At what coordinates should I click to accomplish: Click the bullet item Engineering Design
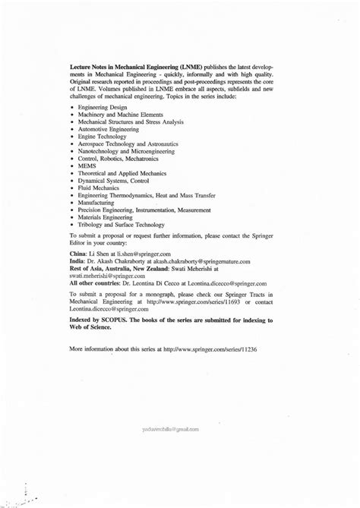(99, 109)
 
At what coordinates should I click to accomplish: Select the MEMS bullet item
(86, 164)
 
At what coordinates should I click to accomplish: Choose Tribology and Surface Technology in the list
(115, 226)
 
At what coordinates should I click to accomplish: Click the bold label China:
(77, 253)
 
